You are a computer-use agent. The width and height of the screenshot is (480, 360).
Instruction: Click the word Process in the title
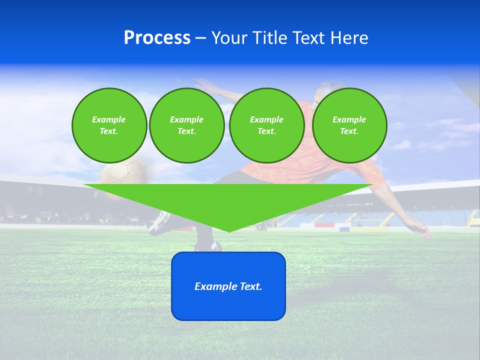[x=157, y=38]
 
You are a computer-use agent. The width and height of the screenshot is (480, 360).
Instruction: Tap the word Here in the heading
[x=348, y=38]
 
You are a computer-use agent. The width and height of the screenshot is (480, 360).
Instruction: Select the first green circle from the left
[x=109, y=125]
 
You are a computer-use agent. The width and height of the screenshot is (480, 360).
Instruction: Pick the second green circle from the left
[x=186, y=125]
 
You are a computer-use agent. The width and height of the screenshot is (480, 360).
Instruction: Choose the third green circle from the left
[x=266, y=125]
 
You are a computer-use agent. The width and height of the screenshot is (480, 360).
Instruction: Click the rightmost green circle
[x=349, y=125]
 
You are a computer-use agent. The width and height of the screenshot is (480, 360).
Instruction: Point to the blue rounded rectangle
[x=228, y=305]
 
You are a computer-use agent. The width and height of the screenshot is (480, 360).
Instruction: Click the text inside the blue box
[x=228, y=286]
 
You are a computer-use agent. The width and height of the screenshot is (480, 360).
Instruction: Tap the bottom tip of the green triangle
[x=228, y=230]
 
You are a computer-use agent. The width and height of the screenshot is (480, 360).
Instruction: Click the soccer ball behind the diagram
[x=123, y=173]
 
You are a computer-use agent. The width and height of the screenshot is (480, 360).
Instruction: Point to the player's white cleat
[x=159, y=223]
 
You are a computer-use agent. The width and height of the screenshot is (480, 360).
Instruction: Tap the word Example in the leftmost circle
[x=109, y=119]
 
